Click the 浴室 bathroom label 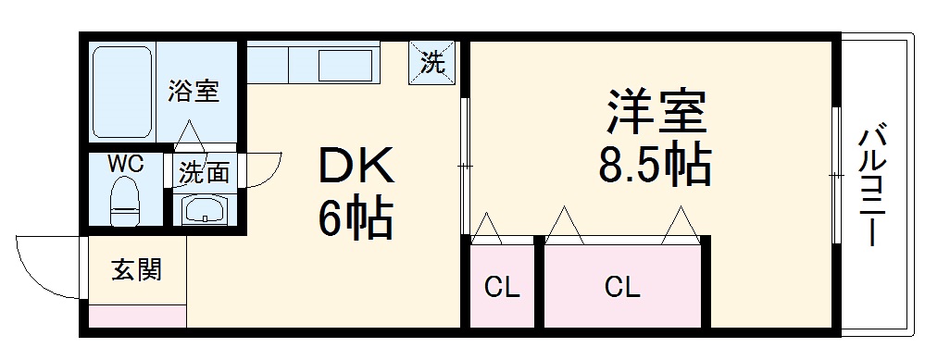coord(194,92)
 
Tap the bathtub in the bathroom coord(122,91)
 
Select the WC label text coord(124,164)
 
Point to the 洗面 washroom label coord(204,172)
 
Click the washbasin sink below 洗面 coord(204,210)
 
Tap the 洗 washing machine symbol coord(432,63)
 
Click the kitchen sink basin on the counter coord(344,66)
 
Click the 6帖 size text coord(356,218)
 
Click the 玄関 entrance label coord(137,270)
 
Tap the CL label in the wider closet coord(622,288)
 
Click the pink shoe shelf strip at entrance coord(137,316)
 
